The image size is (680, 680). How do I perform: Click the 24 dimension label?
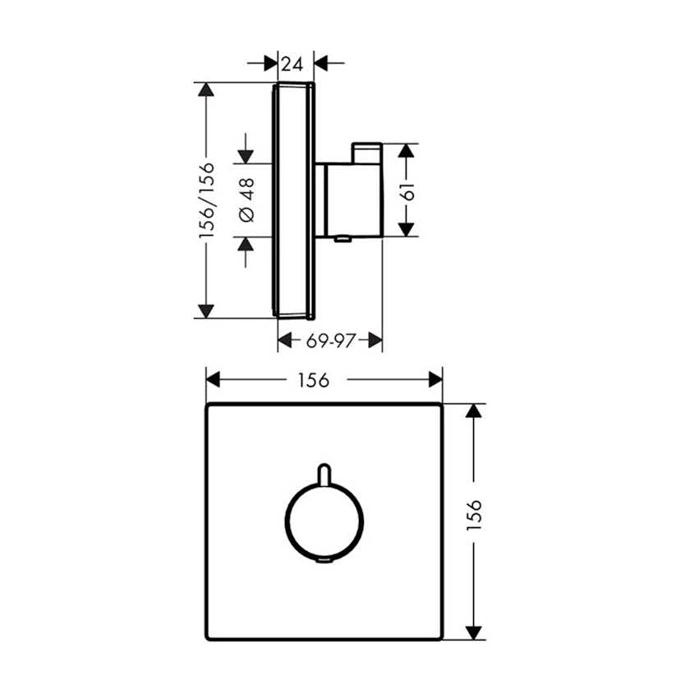(292, 62)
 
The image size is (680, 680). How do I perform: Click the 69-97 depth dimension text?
(330, 340)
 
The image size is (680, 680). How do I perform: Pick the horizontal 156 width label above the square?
(314, 379)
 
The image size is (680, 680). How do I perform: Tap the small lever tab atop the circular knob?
(324, 473)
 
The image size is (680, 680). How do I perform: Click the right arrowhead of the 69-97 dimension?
(374, 340)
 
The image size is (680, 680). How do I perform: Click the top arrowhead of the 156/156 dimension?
(206, 90)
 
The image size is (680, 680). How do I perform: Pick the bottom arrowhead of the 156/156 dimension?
(206, 310)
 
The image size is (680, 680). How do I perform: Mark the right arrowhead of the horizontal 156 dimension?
(434, 379)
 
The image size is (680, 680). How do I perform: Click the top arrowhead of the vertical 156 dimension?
(474, 411)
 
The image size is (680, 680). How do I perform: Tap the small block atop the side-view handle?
(366, 153)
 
